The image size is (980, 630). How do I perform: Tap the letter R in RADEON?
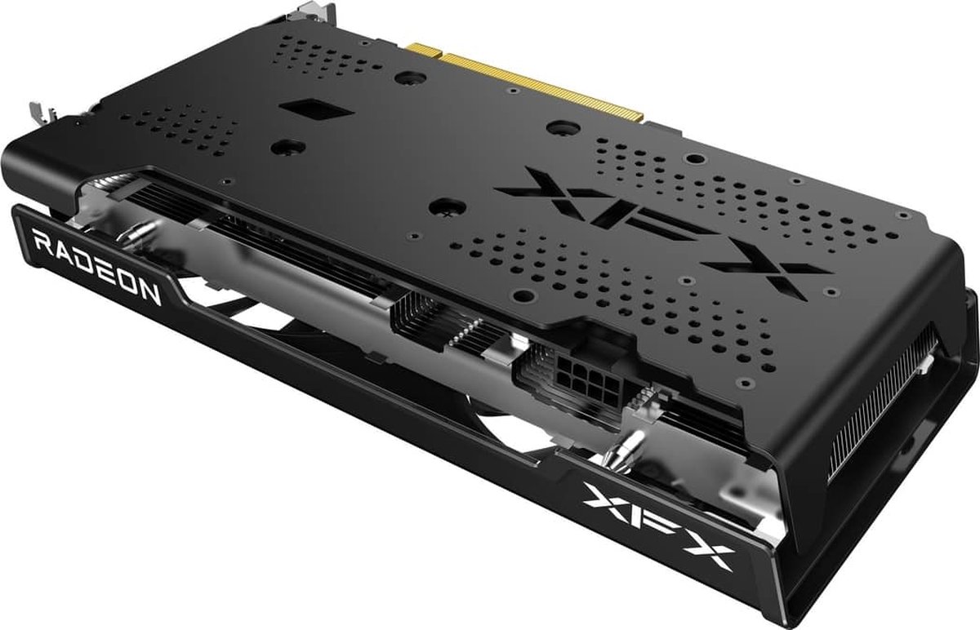(41, 242)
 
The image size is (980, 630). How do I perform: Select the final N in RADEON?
(150, 292)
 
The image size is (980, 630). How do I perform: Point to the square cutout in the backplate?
(301, 109)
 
